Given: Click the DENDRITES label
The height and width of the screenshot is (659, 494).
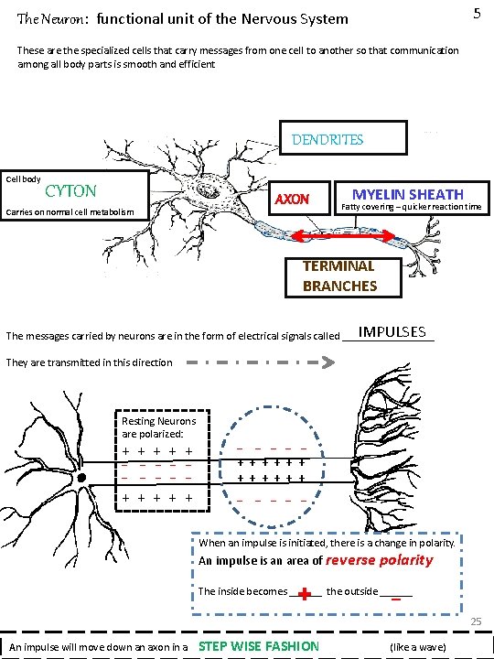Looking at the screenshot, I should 328,140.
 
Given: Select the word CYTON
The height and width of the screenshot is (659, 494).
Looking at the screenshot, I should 70,190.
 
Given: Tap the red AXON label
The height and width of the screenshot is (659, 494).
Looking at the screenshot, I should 293,199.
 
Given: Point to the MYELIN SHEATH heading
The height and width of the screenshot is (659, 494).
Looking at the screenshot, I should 408,194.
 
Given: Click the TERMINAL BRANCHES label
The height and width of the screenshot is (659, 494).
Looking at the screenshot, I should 339,275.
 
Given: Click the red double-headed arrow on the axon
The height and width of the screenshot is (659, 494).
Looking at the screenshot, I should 344,237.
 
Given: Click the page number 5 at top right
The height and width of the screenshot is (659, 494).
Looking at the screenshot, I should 476,13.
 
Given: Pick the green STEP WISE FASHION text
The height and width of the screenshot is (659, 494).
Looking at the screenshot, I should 259,646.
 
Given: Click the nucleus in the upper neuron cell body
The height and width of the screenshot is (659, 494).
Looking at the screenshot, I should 213,192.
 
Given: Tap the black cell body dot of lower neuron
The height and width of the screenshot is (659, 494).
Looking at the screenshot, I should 81,478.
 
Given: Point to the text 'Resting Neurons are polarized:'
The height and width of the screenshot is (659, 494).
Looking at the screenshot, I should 158,427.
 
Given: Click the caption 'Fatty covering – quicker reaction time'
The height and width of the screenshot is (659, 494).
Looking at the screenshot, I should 411,207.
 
